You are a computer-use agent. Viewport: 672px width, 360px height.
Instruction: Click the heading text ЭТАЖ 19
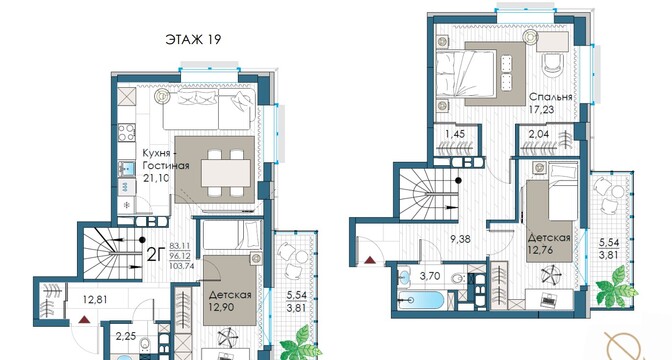(193, 40)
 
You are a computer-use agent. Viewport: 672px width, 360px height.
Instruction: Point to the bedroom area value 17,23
(541, 110)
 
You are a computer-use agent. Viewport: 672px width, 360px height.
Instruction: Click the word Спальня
(551, 97)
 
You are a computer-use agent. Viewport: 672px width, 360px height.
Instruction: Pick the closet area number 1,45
(454, 134)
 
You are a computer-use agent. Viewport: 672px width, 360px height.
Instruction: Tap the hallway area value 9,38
(461, 239)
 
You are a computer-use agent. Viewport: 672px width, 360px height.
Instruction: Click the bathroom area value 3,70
(429, 276)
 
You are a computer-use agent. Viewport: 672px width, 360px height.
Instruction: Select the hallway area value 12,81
(94, 300)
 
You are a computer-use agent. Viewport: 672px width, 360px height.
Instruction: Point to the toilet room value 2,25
(126, 336)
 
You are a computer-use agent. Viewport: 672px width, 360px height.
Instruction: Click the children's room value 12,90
(222, 307)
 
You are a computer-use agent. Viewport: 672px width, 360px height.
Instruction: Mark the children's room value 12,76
(541, 249)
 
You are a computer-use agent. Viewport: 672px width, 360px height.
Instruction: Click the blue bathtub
(420, 300)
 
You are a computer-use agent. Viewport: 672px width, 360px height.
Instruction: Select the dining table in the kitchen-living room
(226, 173)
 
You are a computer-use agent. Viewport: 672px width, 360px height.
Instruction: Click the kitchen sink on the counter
(126, 168)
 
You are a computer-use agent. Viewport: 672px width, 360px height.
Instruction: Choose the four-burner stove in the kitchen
(126, 132)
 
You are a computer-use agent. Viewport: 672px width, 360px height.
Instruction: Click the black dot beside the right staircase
(459, 181)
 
